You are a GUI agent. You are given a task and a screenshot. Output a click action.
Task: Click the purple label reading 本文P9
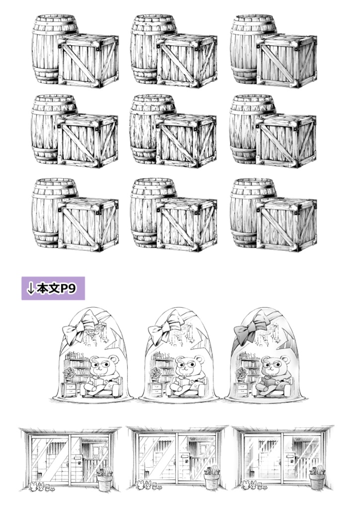point(53,288)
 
